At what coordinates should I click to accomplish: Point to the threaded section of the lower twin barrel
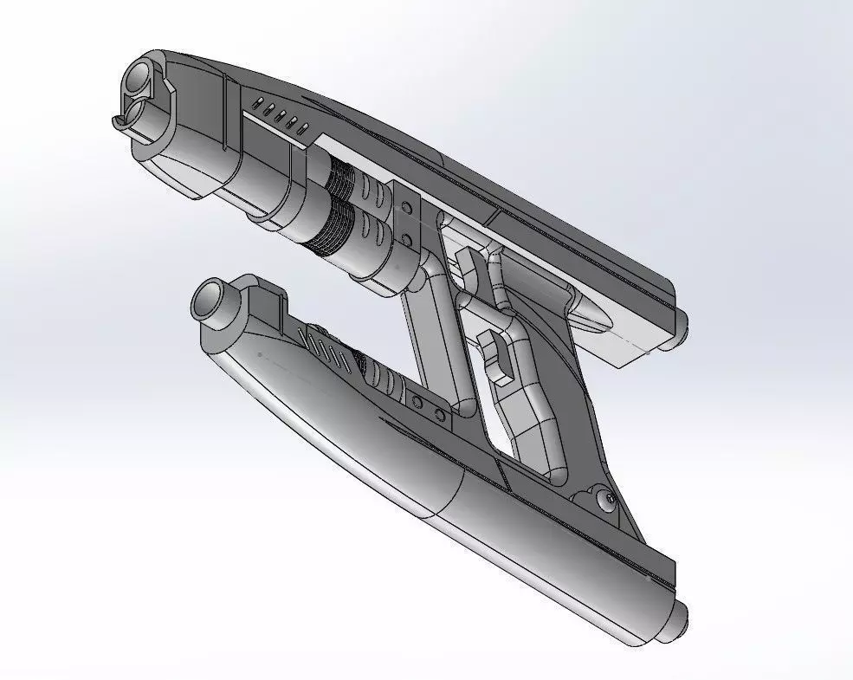[331, 230]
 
